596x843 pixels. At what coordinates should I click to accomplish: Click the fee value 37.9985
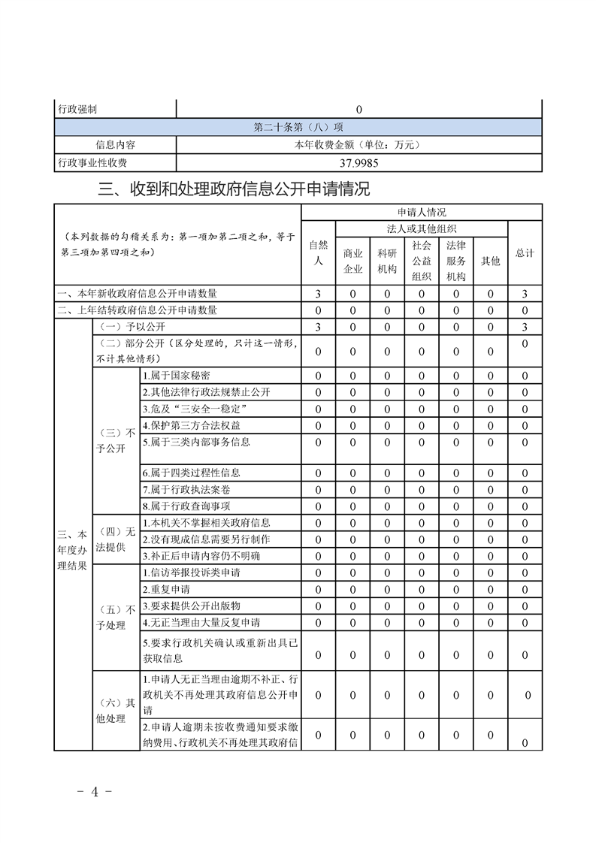(x=359, y=162)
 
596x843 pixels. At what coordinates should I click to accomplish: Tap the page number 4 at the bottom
(x=95, y=792)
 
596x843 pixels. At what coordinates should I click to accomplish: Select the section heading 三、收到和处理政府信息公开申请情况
(x=234, y=189)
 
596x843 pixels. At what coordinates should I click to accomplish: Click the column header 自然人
(x=318, y=253)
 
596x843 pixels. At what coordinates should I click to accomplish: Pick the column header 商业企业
(x=352, y=261)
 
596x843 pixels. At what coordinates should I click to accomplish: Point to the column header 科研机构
(x=387, y=261)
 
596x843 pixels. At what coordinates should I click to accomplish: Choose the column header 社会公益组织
(x=422, y=261)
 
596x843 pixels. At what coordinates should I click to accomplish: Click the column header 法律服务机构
(x=456, y=261)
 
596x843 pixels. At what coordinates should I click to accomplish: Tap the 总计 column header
(x=525, y=253)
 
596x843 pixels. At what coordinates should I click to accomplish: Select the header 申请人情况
(x=421, y=213)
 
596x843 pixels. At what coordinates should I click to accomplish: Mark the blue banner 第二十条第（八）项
(x=298, y=127)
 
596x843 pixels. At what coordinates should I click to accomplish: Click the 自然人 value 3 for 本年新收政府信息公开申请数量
(x=318, y=294)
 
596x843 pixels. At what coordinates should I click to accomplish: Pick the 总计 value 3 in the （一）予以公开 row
(x=525, y=327)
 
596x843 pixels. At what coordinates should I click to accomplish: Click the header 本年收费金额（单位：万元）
(x=359, y=144)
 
